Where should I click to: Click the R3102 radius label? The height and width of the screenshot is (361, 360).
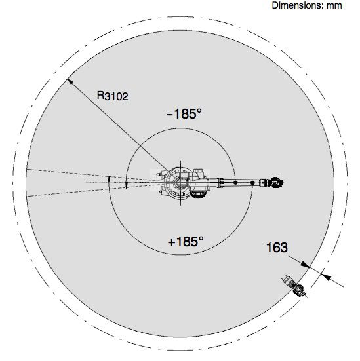(113, 96)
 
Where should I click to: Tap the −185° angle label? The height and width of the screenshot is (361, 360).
(184, 113)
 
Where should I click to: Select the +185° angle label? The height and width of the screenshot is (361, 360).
(186, 242)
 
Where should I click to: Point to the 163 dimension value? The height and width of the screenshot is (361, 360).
(277, 248)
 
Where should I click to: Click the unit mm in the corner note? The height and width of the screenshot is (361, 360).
(334, 5)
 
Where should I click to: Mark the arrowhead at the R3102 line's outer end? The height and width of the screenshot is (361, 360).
(70, 81)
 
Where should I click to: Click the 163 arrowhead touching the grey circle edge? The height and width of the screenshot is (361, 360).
(306, 265)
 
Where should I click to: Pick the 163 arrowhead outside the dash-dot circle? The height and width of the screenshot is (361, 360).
(327, 277)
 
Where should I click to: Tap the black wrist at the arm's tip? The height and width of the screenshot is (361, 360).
(277, 182)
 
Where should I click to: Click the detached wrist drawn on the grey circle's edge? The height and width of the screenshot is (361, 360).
(295, 286)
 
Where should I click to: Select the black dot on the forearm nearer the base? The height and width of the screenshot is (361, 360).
(235, 183)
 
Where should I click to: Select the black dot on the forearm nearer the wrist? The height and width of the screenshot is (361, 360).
(252, 183)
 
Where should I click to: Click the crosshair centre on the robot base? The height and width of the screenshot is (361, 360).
(180, 183)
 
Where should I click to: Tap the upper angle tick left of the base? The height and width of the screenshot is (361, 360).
(110, 180)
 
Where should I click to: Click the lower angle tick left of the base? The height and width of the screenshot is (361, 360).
(126, 185)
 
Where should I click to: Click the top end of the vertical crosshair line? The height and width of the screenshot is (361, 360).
(180, 161)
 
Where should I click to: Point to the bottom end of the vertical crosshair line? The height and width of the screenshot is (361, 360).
(180, 205)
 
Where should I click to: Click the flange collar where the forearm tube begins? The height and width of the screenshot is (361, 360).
(220, 183)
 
